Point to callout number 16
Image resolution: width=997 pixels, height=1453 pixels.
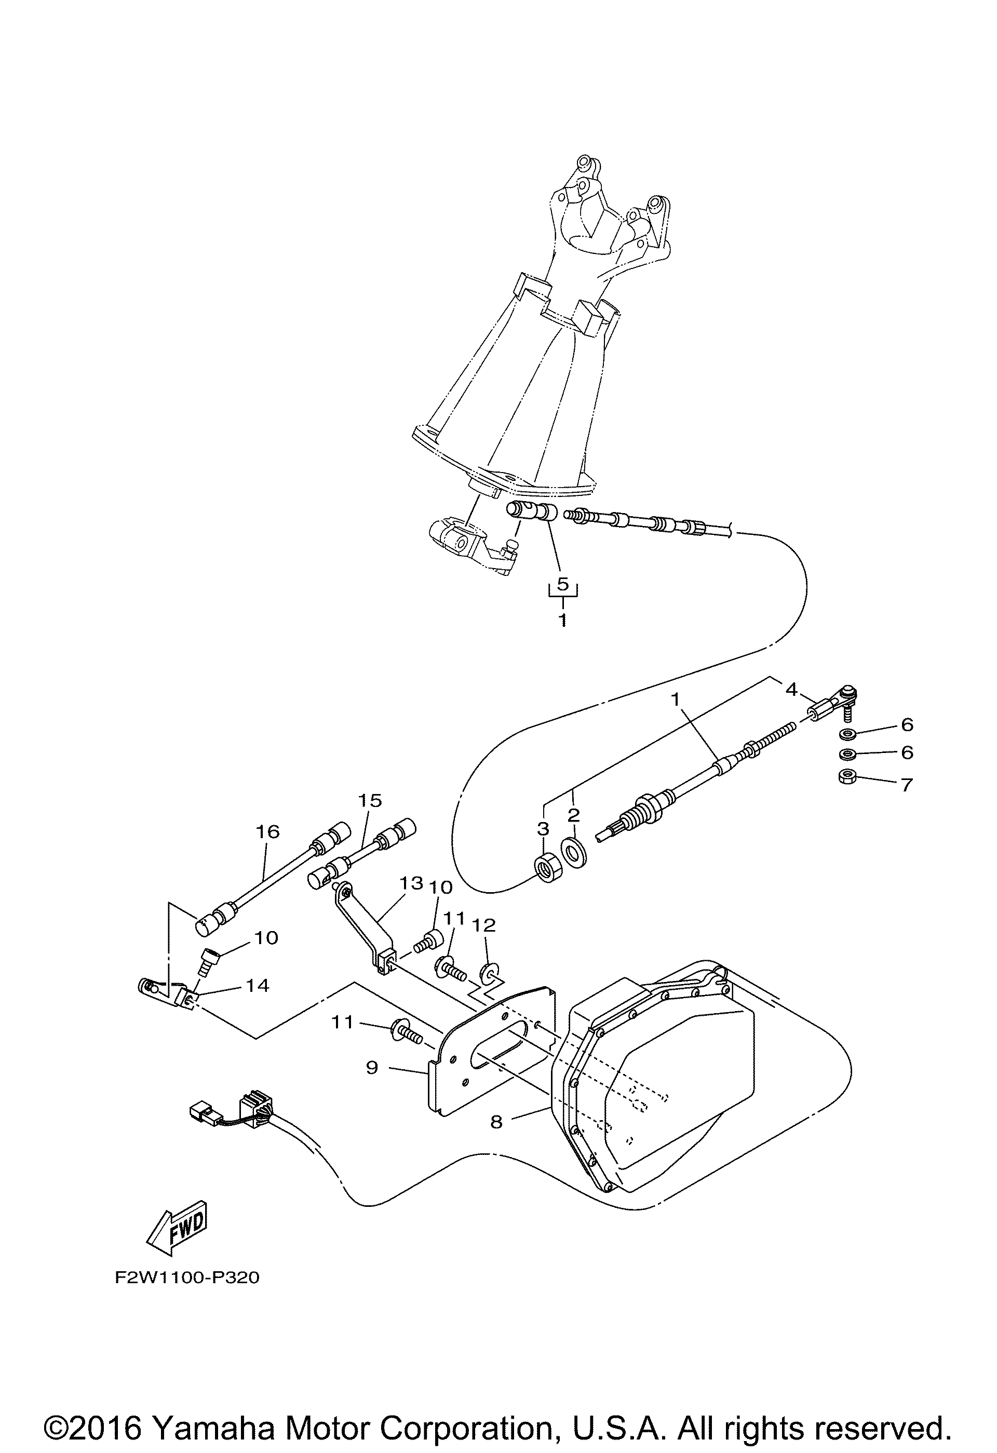point(267,832)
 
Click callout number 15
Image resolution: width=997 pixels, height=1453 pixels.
point(370,801)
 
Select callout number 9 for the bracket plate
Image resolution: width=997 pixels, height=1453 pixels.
point(372,1067)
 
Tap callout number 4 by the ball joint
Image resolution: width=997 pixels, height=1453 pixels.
point(791,690)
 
